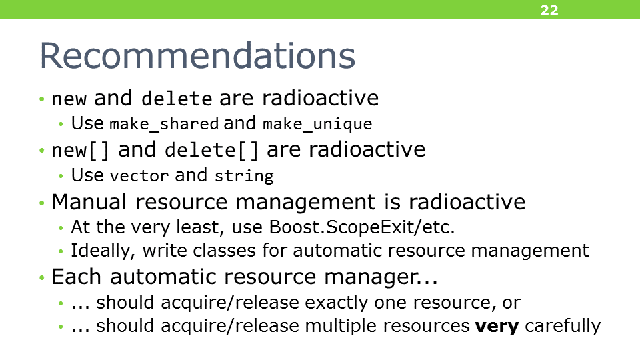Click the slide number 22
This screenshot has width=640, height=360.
(x=549, y=10)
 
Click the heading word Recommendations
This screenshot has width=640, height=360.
(x=197, y=55)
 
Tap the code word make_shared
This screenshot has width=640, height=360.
(x=164, y=124)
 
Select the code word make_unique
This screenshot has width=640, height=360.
(x=317, y=124)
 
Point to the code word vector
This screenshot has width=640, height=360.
(x=139, y=176)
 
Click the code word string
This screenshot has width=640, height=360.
(x=244, y=176)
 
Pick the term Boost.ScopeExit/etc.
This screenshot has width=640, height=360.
(x=362, y=227)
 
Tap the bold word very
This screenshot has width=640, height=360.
(x=497, y=326)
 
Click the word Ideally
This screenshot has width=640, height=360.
(x=103, y=251)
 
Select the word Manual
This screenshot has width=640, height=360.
(x=89, y=201)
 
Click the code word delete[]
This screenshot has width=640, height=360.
(x=212, y=150)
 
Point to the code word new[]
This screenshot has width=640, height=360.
(x=81, y=150)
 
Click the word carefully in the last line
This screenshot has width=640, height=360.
(x=563, y=326)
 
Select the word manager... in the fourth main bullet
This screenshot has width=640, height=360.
(x=381, y=277)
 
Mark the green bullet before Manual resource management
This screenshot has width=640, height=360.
(x=41, y=203)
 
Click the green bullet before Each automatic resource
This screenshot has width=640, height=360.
(x=41, y=278)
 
